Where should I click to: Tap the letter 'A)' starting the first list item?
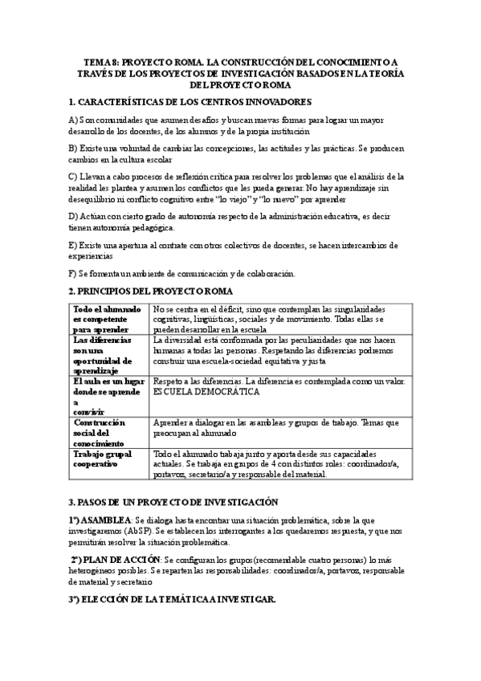73,120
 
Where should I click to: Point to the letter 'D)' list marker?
73,217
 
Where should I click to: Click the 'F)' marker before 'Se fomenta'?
73,273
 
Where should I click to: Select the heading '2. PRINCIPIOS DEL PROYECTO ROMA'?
150,290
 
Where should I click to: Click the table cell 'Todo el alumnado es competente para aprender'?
108,318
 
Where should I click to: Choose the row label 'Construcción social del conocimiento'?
101,432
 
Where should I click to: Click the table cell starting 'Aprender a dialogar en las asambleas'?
275,427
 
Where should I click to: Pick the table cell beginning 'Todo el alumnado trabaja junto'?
275,463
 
